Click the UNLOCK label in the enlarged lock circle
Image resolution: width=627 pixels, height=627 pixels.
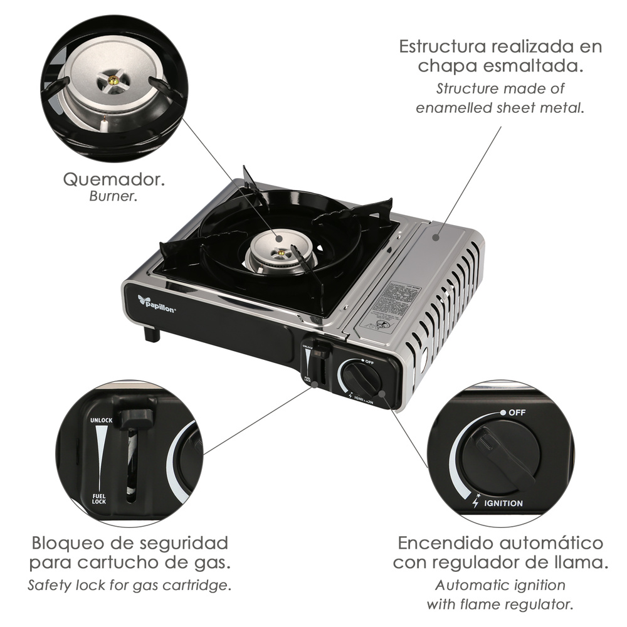(x=101, y=419)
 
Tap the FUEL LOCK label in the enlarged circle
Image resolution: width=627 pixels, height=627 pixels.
(x=100, y=498)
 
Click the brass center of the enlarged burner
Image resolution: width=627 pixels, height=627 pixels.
(x=113, y=79)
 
